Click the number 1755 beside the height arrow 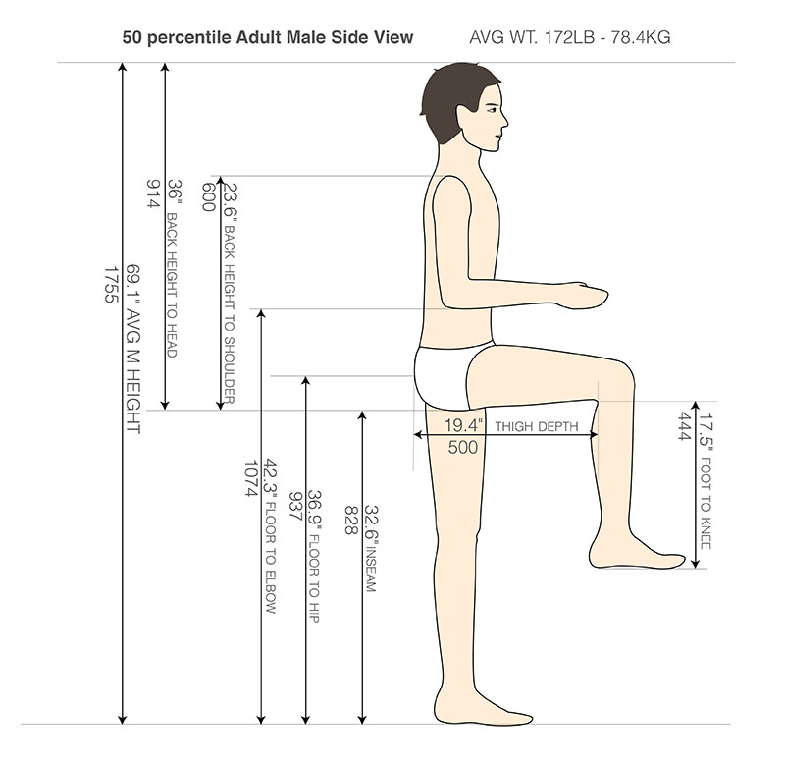point(111,285)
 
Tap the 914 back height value point(152,193)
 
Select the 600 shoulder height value point(208,196)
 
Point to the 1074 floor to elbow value point(251,478)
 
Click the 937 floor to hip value point(295,507)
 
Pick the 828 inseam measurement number point(351,520)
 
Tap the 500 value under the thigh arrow point(462,447)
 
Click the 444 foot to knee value point(684,426)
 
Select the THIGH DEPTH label point(536,427)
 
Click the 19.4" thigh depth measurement point(463,426)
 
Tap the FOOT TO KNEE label point(706,503)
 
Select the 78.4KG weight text point(641,37)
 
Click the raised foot point(637,554)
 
